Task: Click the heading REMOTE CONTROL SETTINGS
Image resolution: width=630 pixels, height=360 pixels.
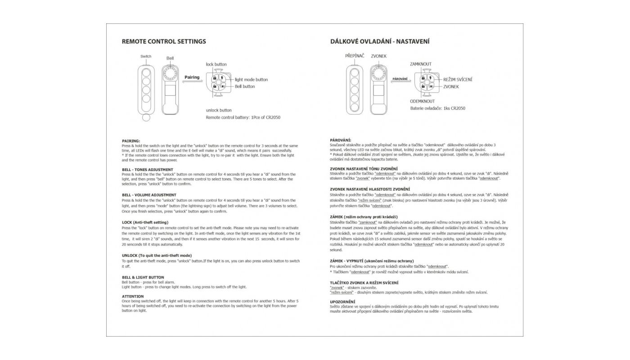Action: (x=164, y=41)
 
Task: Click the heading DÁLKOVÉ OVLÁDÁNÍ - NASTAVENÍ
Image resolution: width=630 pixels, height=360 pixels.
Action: (x=380, y=41)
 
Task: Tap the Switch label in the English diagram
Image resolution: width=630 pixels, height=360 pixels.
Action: (x=146, y=57)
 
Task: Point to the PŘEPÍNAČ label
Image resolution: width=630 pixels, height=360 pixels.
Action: (x=355, y=56)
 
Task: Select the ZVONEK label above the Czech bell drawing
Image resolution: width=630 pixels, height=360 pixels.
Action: (x=378, y=56)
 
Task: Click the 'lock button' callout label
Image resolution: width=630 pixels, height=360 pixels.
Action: (x=216, y=64)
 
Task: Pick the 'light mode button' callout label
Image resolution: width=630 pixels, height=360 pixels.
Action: (x=251, y=80)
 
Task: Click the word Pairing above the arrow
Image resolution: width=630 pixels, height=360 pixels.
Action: (x=192, y=77)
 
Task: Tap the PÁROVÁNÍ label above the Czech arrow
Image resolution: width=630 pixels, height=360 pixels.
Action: (x=400, y=79)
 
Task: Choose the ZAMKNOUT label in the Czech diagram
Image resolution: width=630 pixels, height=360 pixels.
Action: (x=420, y=64)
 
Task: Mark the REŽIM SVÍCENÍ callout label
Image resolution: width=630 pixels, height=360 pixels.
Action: (x=458, y=80)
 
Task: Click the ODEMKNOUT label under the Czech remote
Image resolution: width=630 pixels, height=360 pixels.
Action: (x=422, y=101)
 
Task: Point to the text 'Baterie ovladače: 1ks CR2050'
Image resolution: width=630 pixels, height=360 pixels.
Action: (x=437, y=108)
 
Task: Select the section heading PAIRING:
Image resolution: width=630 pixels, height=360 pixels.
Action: (x=131, y=141)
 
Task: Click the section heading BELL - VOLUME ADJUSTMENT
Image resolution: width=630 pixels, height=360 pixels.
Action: (x=149, y=195)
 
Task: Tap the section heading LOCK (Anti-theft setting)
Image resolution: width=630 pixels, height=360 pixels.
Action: (x=145, y=222)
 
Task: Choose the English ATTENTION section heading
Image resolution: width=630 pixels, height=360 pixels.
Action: (x=133, y=297)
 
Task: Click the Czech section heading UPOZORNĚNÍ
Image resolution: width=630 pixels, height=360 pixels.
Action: (x=342, y=301)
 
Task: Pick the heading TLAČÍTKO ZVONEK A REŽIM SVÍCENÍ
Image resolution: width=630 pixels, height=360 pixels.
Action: (x=364, y=282)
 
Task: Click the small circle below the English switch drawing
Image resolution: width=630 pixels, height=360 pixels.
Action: (x=146, y=118)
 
